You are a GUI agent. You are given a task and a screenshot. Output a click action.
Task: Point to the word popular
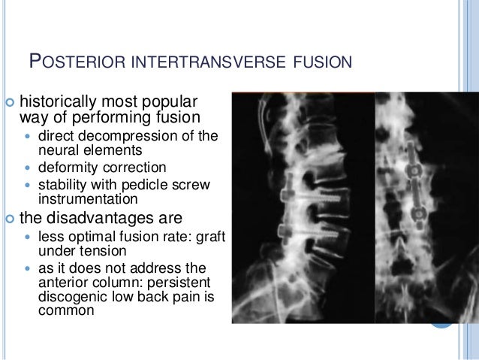(169, 101)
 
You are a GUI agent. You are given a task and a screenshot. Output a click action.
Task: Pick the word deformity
(65, 168)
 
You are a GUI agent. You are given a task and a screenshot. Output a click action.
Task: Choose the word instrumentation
(88, 199)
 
